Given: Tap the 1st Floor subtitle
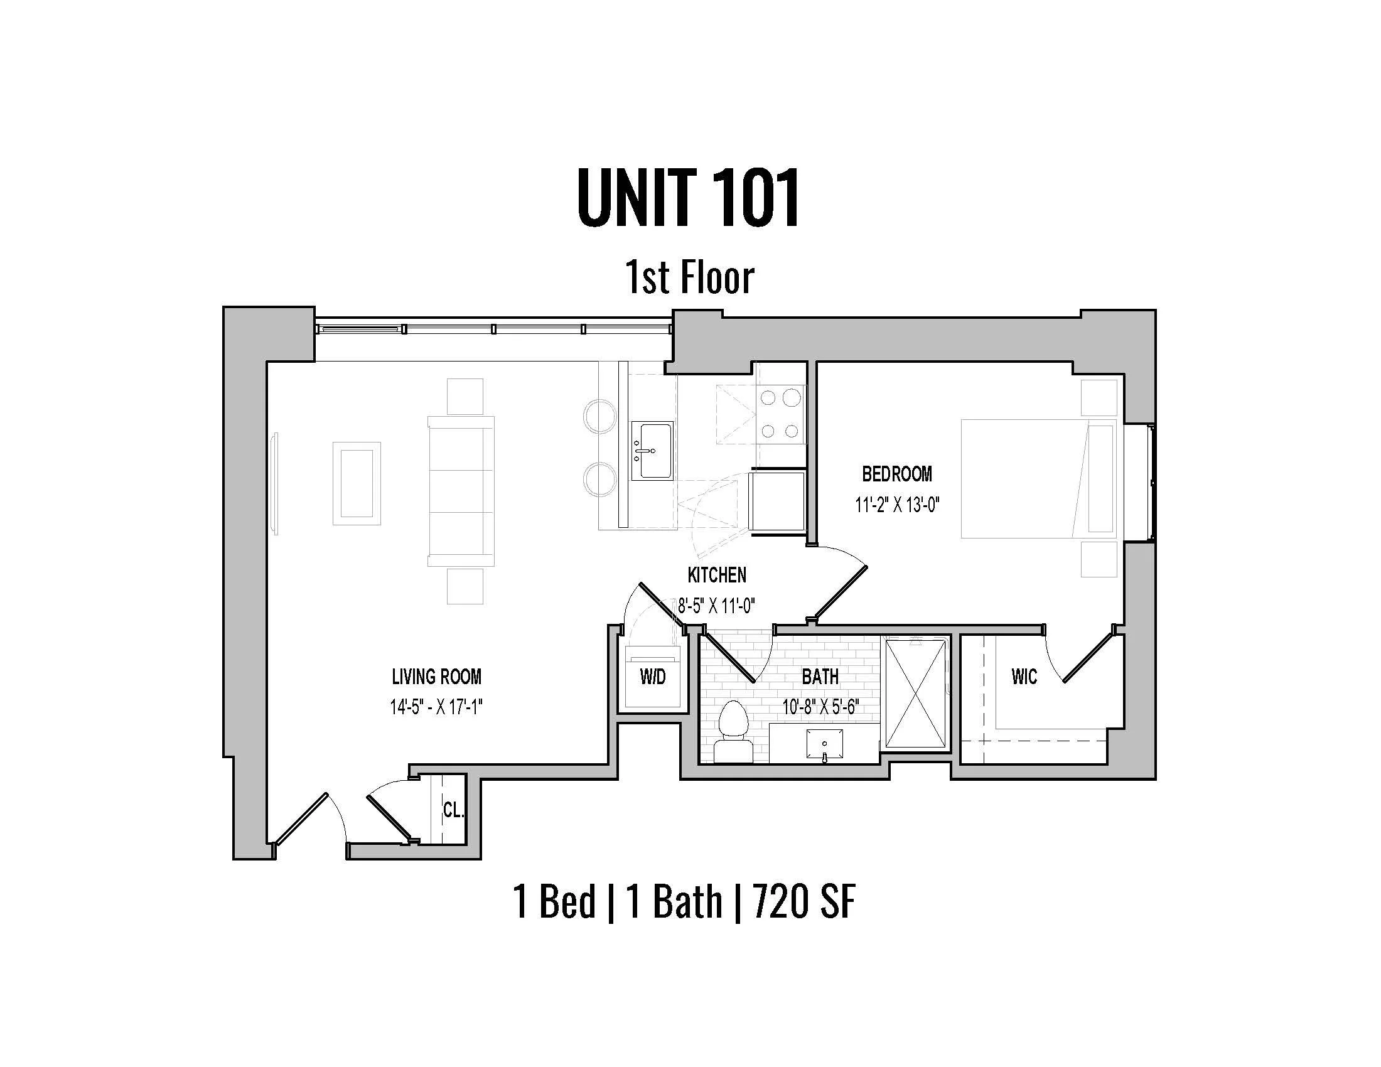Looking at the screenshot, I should tap(689, 278).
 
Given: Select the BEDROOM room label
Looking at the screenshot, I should tap(896, 474).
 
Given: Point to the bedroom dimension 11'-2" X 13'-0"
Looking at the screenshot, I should tap(897, 505).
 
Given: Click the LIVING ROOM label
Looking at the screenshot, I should tap(436, 677).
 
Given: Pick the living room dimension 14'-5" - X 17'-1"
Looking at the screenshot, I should tap(436, 707).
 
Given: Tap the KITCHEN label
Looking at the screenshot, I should tap(716, 575).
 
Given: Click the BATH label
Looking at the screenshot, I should tap(820, 677).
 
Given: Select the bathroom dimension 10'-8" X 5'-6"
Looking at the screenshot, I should tap(821, 707).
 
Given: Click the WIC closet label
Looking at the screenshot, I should tap(1024, 678).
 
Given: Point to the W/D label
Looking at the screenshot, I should tap(653, 678).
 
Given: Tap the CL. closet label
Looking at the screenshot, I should tap(453, 810).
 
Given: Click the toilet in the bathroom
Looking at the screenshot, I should tap(733, 733).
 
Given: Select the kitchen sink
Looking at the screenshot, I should tap(653, 451).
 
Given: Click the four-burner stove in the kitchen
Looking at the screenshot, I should tap(780, 414).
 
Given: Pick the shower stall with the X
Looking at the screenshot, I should tap(916, 694).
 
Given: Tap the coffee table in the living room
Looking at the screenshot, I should tap(357, 483).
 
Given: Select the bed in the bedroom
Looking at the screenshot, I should tap(1037, 478).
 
